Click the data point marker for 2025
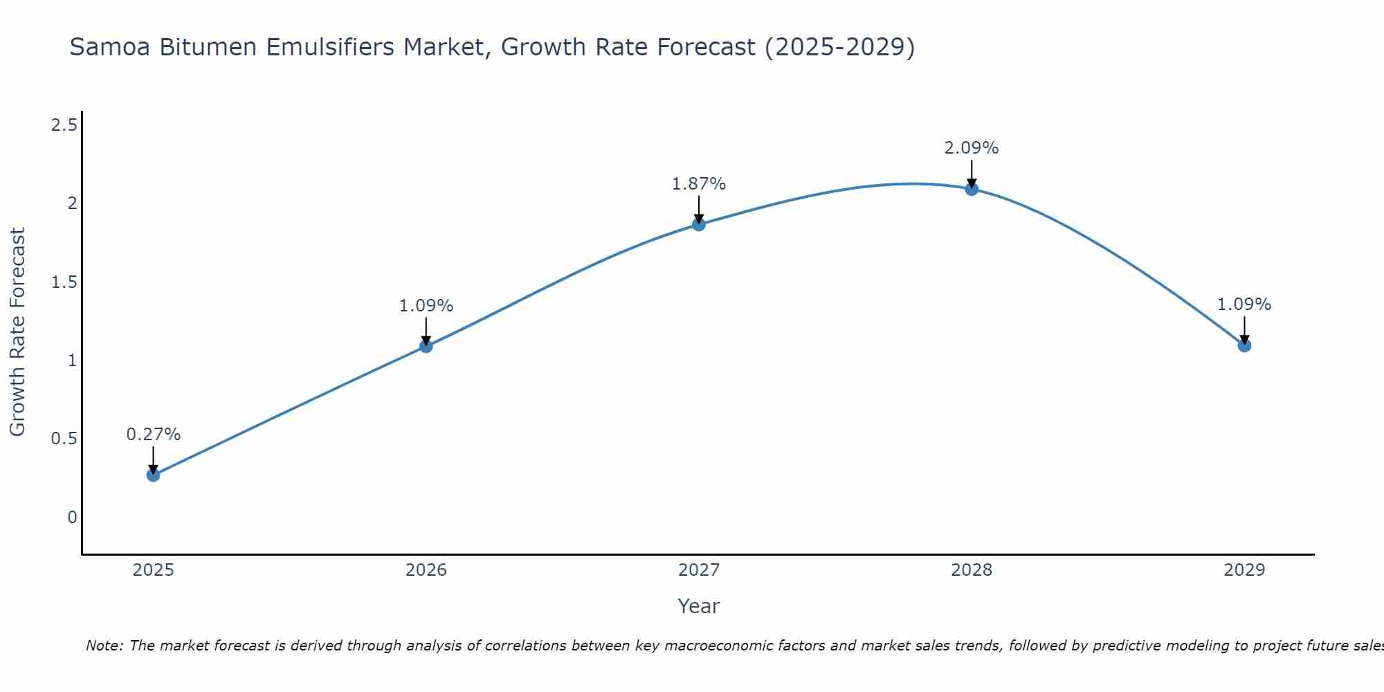tap(153, 475)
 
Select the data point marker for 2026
tap(426, 346)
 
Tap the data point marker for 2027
tap(699, 224)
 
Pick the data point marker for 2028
tap(972, 189)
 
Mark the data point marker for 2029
tap(1244, 345)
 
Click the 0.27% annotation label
tap(153, 435)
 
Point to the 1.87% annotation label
tap(699, 184)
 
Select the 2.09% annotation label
tap(972, 148)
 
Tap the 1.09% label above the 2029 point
tap(1244, 304)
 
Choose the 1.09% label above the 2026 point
tap(426, 306)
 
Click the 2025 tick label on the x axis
tap(153, 570)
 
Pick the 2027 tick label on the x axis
tap(699, 570)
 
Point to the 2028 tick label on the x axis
tap(972, 570)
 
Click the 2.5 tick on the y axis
tap(64, 125)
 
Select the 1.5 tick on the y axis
tap(64, 282)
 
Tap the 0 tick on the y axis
tap(72, 518)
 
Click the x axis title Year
tap(699, 606)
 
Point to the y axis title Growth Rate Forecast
tap(17, 332)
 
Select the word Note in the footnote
tap(104, 646)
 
